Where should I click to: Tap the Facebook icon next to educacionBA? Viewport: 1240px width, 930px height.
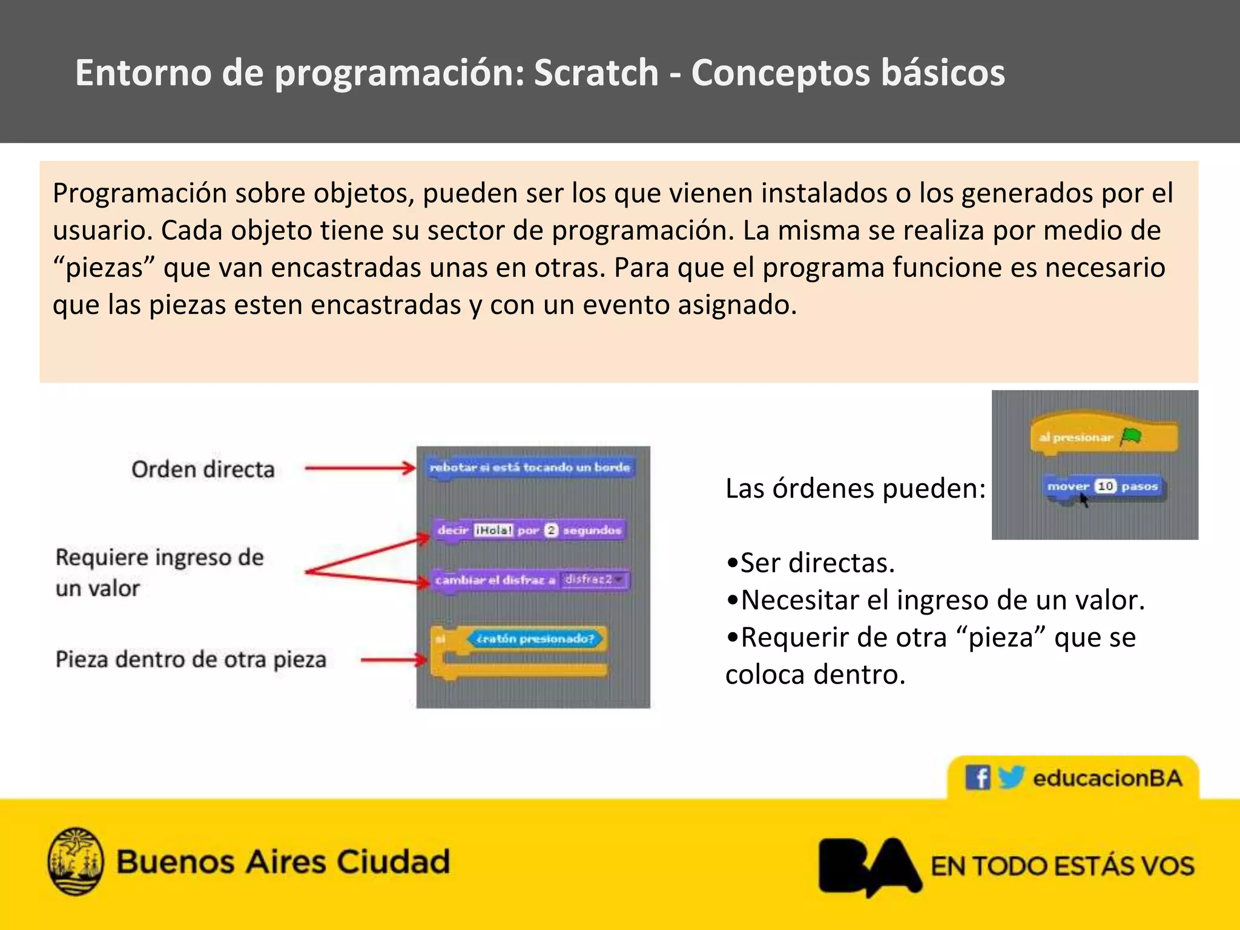tap(977, 777)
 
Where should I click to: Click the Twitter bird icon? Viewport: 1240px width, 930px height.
tap(1011, 777)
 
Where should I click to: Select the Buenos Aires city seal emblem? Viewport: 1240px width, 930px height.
tap(76, 861)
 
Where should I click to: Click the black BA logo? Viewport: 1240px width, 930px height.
tap(869, 865)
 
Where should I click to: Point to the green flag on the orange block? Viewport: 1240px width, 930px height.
tap(1130, 436)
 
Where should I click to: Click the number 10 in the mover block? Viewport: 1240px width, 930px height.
tap(1106, 486)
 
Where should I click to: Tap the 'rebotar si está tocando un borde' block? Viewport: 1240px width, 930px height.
tap(529, 467)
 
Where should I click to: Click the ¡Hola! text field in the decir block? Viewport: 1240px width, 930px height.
tap(493, 530)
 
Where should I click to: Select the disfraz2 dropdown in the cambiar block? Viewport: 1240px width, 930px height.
tap(593, 579)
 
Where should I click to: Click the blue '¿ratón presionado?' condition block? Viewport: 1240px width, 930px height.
tap(535, 639)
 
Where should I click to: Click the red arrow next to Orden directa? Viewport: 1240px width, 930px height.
tap(360, 468)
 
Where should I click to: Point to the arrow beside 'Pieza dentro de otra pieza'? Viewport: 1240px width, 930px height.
tap(394, 659)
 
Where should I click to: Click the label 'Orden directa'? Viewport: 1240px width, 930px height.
tap(203, 469)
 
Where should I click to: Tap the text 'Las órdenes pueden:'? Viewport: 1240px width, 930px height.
tap(856, 488)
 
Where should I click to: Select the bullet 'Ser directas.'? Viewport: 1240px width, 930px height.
tap(811, 563)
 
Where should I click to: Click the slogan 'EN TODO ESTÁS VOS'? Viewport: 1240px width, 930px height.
tap(1063, 866)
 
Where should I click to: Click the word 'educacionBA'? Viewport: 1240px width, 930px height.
tap(1107, 778)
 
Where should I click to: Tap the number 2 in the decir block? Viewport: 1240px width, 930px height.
tap(551, 530)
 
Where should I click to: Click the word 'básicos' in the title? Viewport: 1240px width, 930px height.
tap(943, 73)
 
